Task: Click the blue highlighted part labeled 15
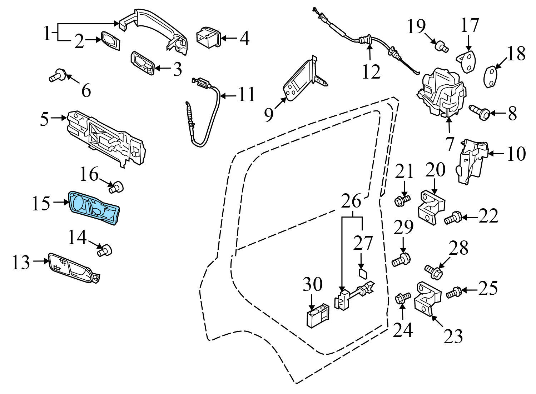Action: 94,208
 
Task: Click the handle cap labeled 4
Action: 208,37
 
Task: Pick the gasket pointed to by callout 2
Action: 110,40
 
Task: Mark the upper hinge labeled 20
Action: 431,209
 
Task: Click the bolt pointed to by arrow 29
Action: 401,260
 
